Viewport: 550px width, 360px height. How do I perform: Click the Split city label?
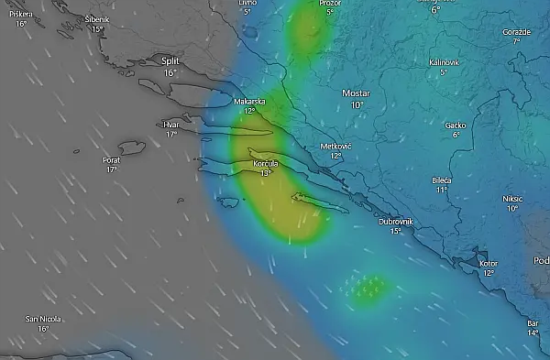[170, 61]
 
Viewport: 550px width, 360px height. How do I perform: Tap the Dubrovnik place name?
[396, 222]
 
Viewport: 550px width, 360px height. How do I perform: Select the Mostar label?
[355, 93]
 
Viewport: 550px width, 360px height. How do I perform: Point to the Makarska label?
[249, 102]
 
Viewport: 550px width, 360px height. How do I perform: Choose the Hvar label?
[170, 124]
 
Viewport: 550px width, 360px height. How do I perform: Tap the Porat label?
[111, 159]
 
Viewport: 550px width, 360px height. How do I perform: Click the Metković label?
[336, 146]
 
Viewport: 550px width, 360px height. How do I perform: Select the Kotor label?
[489, 263]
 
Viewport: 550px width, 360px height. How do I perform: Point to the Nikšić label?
[512, 198]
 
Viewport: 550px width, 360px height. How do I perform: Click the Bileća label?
[442, 180]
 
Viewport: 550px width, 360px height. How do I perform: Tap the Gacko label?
[455, 125]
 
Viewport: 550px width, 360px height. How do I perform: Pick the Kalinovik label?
[443, 61]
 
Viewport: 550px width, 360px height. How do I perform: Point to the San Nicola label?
[43, 319]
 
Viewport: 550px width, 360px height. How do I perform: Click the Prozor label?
[330, 3]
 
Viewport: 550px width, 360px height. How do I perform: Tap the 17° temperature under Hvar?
[170, 134]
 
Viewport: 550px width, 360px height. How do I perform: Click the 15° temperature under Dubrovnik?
[396, 232]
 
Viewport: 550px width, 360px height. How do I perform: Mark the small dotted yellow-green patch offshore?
[367, 288]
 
